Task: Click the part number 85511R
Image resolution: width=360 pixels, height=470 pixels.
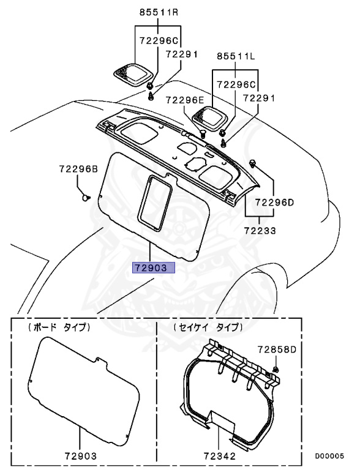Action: coord(159,12)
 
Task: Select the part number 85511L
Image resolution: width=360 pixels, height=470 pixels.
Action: coord(236,56)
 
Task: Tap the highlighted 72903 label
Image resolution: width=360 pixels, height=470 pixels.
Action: coord(154,267)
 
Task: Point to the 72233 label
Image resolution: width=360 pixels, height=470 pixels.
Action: coord(260,231)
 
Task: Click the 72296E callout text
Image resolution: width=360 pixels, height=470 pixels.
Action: coord(184,100)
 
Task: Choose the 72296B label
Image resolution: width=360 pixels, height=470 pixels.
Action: coord(78,170)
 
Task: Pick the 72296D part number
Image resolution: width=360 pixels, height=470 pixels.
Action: coord(274,203)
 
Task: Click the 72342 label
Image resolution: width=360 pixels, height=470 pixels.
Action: coord(220,456)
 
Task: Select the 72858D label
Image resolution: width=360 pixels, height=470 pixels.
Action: coord(277,349)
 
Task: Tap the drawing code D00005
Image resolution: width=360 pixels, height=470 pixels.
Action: coord(329,456)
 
